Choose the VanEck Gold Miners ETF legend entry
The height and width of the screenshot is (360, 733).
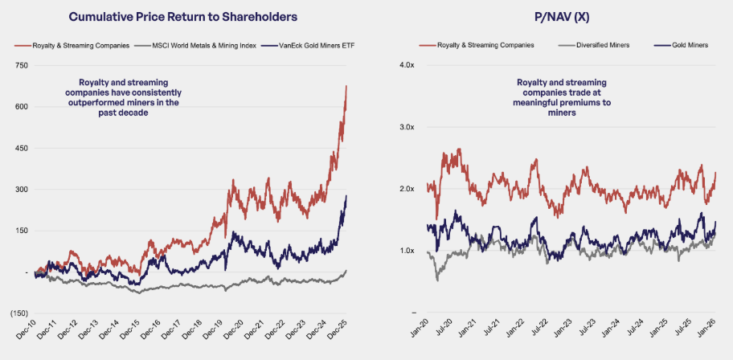[x=314, y=47]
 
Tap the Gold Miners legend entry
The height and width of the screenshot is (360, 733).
[x=689, y=47]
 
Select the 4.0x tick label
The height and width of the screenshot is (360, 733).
[x=408, y=66]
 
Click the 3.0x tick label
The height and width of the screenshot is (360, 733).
[x=408, y=128]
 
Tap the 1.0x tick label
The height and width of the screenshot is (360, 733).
[x=408, y=251]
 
